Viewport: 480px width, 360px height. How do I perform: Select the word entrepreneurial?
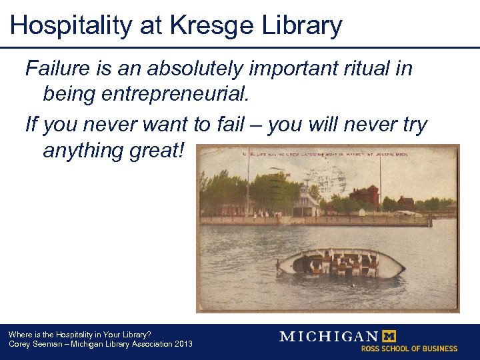176,94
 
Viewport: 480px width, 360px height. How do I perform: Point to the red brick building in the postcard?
364,196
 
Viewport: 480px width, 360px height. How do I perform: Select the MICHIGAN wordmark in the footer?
329,336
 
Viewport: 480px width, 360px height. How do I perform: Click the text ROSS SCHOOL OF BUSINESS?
409,348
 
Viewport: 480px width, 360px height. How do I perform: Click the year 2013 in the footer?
183,344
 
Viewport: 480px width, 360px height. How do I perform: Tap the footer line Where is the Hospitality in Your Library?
79,334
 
